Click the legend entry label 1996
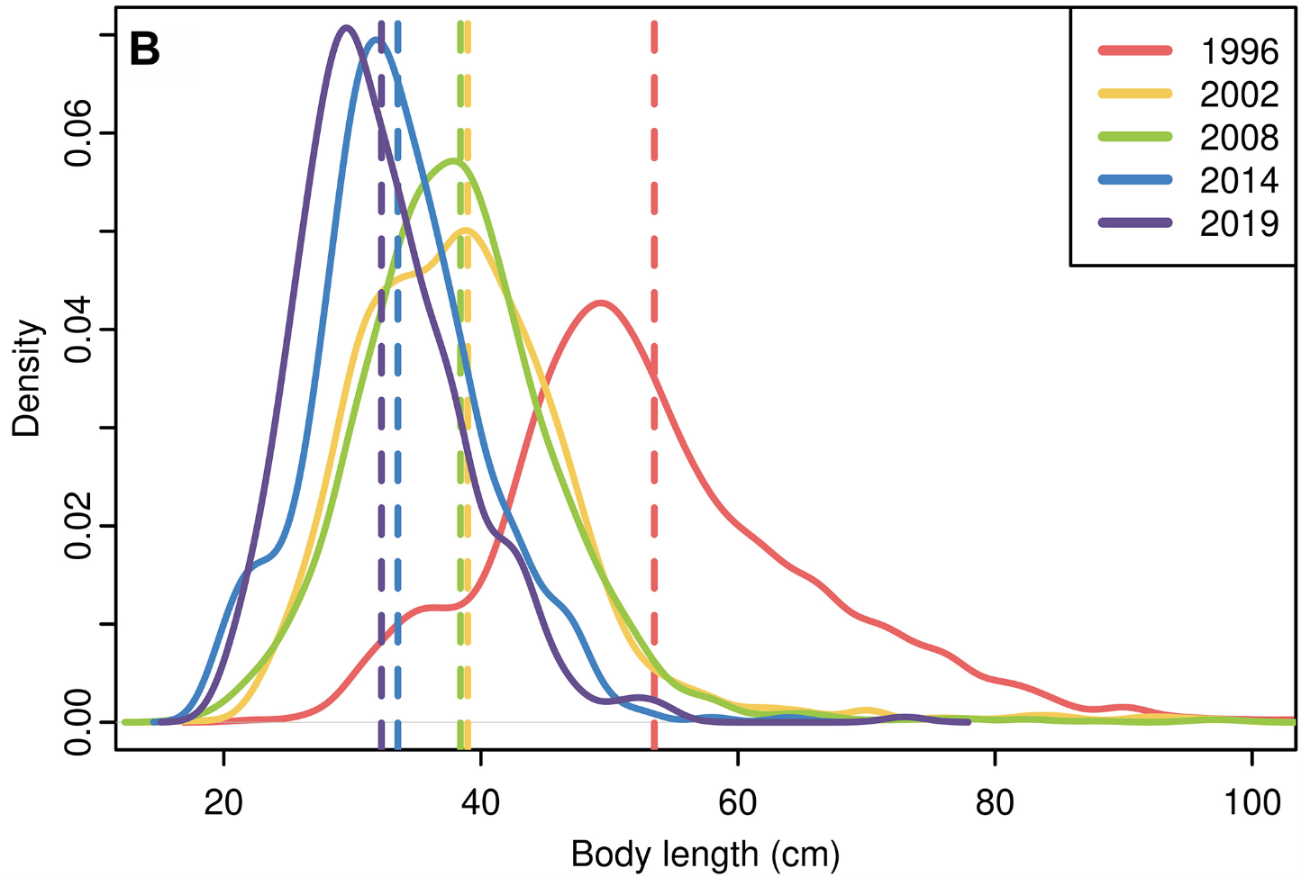click(1239, 51)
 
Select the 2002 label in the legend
click(1239, 95)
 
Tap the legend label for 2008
click(1239, 138)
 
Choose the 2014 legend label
click(1239, 181)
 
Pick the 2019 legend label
click(1239, 223)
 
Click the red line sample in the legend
click(1135, 51)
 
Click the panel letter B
click(145, 50)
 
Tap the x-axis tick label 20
click(223, 800)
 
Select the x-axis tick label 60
click(738, 800)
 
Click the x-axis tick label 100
click(1252, 800)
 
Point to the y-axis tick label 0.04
click(79, 330)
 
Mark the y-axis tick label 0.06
click(79, 134)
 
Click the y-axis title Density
click(28, 378)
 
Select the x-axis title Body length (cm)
click(705, 854)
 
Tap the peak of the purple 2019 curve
click(345, 27)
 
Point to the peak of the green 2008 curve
click(455, 161)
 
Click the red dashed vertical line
click(654, 450)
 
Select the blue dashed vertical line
click(397, 450)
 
